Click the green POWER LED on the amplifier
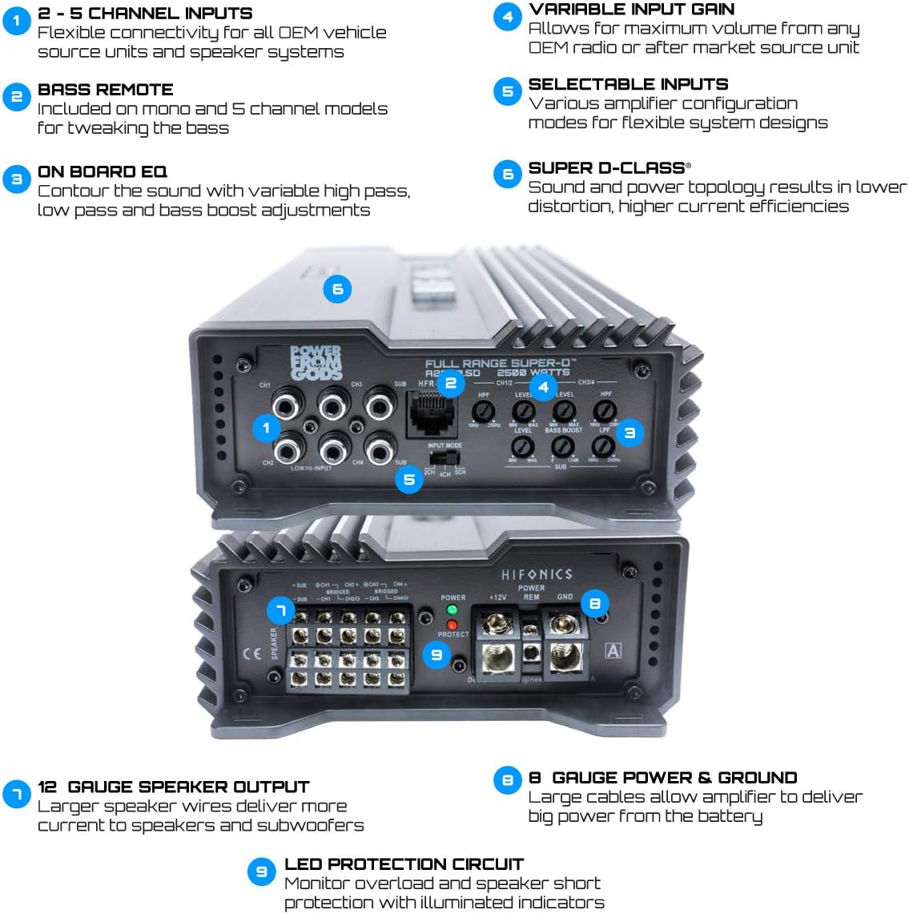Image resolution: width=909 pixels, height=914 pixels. [x=452, y=610]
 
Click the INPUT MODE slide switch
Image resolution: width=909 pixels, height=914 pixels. [x=443, y=457]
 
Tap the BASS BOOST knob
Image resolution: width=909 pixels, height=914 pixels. [x=564, y=447]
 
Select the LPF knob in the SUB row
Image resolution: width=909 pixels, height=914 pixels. [x=602, y=447]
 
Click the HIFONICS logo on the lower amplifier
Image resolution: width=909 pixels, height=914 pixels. [x=537, y=574]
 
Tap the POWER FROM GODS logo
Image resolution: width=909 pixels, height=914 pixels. [x=316, y=363]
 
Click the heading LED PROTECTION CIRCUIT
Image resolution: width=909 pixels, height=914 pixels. [x=404, y=864]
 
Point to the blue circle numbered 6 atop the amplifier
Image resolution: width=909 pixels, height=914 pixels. [x=337, y=289]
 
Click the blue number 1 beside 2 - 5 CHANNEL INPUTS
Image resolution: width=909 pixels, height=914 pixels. [x=16, y=19]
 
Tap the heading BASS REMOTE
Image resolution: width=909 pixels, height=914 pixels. [x=105, y=90]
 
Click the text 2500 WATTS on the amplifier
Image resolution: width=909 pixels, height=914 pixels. [x=533, y=372]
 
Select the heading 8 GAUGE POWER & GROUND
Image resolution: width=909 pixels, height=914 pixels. [x=662, y=778]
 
